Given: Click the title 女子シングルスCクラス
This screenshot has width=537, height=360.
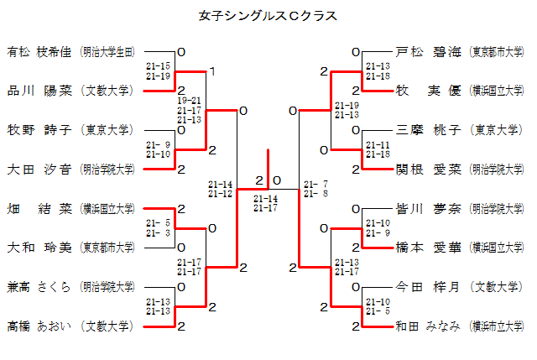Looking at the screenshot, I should click(268, 16).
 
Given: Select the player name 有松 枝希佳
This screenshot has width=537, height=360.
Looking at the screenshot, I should click(41, 52).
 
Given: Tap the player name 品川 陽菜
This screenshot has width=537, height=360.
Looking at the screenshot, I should click(41, 91).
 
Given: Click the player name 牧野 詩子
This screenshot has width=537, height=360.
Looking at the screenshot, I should click(41, 130).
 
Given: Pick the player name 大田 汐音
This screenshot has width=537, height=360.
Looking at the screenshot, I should click(41, 170).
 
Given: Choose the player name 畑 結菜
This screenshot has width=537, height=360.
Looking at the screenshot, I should click(41, 208).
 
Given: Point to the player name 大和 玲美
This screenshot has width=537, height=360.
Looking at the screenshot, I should click(41, 248).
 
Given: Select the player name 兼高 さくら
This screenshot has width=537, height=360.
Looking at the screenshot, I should click(41, 286).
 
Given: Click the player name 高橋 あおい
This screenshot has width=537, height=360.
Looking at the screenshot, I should click(41, 326).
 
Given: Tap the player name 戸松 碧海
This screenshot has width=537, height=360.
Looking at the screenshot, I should click(428, 52).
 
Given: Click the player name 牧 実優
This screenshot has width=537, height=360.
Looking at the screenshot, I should click(428, 91).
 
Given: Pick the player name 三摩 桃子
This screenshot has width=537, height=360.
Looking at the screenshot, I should click(428, 130).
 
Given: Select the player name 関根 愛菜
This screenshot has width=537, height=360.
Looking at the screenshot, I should click(428, 170).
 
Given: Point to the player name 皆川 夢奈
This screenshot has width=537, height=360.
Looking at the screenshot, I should click(428, 208).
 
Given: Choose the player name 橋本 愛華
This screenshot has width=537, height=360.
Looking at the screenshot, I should click(428, 248).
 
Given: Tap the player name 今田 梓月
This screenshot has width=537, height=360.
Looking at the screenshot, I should click(428, 286).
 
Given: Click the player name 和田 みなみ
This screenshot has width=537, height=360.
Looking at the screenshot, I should click(428, 326).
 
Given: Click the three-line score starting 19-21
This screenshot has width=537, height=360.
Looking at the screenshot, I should click(189, 110).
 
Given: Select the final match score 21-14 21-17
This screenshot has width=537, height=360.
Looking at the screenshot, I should click(265, 203).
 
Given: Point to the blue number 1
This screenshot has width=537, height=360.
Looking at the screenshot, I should click(212, 72).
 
